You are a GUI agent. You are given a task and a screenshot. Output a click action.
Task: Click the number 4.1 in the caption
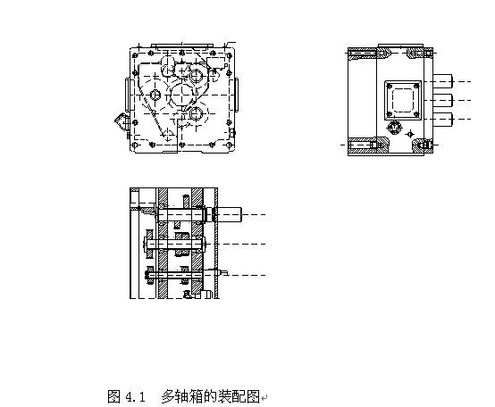(x=135, y=396)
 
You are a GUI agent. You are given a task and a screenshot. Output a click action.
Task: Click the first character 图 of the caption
(x=113, y=396)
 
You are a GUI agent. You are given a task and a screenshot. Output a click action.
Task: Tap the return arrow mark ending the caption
(x=264, y=397)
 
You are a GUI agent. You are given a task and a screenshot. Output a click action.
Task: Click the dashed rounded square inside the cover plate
(x=402, y=100)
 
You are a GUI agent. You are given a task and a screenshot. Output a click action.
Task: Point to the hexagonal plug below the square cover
(x=394, y=128)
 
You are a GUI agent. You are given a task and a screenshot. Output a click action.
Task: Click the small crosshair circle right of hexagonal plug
(x=410, y=134)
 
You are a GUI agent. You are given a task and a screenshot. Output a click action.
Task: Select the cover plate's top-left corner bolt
(x=390, y=86)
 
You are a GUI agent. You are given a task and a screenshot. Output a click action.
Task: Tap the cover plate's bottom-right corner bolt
(x=416, y=114)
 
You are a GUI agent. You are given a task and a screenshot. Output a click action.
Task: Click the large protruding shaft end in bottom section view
(x=229, y=215)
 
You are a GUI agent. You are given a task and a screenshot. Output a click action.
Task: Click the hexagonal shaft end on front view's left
(x=155, y=95)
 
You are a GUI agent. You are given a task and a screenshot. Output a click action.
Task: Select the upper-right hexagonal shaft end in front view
(x=196, y=76)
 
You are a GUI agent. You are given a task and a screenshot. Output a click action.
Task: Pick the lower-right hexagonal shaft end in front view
(x=196, y=113)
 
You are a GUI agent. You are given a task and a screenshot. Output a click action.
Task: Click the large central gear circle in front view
(x=182, y=95)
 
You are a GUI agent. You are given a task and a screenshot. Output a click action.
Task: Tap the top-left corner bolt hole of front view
(x=135, y=56)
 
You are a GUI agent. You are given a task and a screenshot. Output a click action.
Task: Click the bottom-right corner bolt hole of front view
(x=230, y=145)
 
